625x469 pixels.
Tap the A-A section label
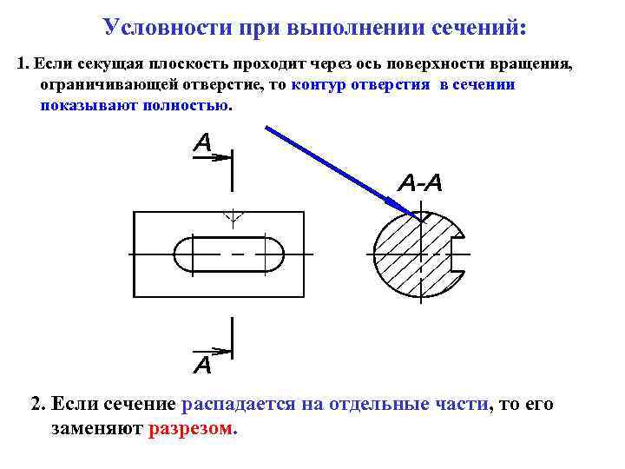click(420, 183)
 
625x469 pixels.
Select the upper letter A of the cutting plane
click(203, 142)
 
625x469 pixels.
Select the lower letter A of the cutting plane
click(201, 365)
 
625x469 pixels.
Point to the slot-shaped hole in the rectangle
click(229, 254)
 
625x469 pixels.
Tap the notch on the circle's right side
click(461, 254)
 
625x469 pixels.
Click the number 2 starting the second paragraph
click(37, 404)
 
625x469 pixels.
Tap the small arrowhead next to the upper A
click(225, 157)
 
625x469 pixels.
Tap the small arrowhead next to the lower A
click(225, 351)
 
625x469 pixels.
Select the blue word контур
click(322, 85)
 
